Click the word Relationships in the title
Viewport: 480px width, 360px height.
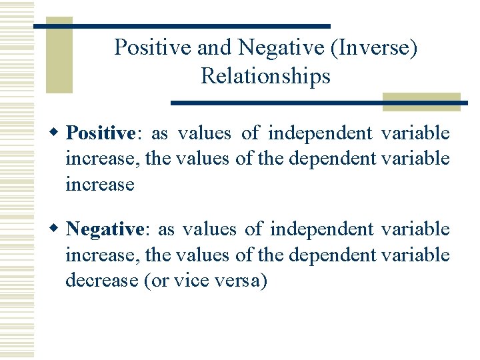point(265,76)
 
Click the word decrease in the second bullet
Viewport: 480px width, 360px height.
point(102,281)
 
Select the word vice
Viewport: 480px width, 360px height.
point(189,281)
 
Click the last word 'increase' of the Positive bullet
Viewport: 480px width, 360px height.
point(100,184)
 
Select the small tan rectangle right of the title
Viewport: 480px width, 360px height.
point(421,101)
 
